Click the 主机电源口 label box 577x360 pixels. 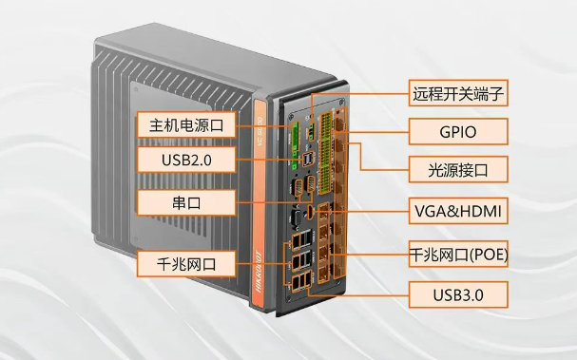coord(186,125)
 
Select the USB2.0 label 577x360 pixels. coord(186,160)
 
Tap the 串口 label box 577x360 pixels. coord(186,202)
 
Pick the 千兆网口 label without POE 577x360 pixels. coord(186,264)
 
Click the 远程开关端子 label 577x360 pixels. coord(458,93)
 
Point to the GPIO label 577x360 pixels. coord(458,132)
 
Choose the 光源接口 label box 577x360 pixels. coord(458,169)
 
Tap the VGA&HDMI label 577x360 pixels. coord(458,211)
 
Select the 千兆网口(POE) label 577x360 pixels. coord(458,255)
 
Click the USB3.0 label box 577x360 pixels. coord(458,294)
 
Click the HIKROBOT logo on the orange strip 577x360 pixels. coord(259,272)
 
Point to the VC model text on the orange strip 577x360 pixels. coord(260,131)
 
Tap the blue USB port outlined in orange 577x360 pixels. coord(308,159)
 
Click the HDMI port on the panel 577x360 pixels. coord(310,212)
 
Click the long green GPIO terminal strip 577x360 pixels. coord(326,153)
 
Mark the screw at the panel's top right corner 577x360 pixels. coord(342,101)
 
